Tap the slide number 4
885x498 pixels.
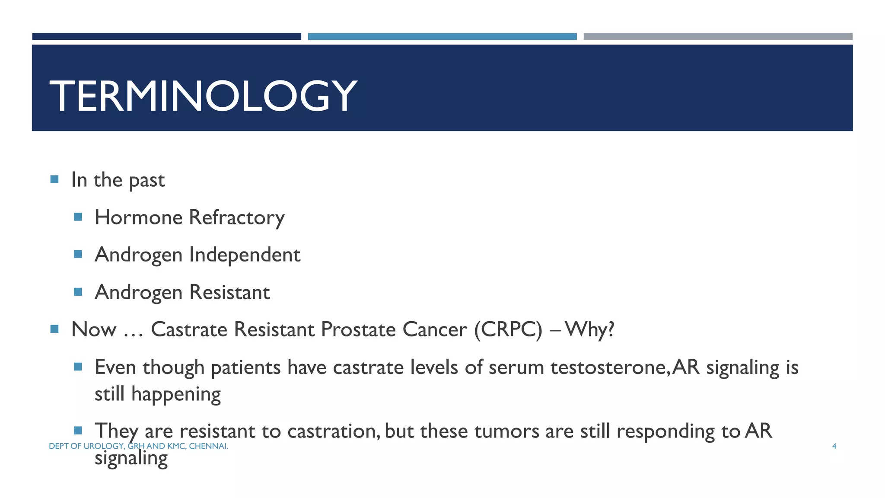coord(834,446)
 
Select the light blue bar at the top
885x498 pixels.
coord(442,37)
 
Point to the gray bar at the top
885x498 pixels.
coord(718,37)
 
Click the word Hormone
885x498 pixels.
coord(139,217)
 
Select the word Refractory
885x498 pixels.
coord(237,217)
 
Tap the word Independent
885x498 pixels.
coord(245,255)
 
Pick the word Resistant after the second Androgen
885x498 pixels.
coord(229,292)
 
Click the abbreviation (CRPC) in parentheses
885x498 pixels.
coord(508,330)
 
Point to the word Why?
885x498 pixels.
coord(589,330)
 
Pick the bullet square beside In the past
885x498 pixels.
coord(54,179)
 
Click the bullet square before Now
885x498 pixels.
coord(54,329)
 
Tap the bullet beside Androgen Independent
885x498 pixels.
coord(78,254)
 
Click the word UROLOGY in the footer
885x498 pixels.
coord(103,446)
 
